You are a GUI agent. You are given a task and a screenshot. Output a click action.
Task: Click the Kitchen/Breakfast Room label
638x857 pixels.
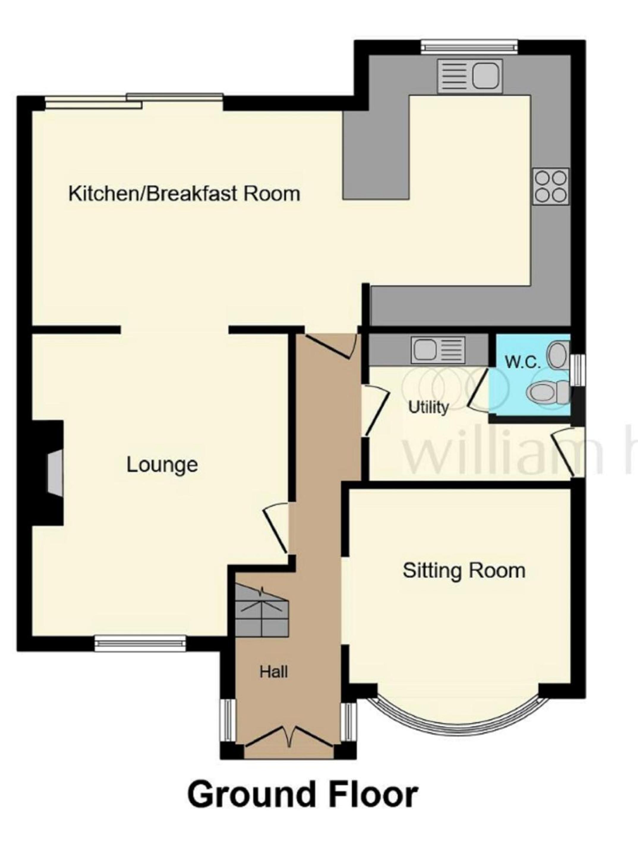(184, 194)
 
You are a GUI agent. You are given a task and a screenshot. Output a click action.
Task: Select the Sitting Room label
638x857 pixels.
(464, 571)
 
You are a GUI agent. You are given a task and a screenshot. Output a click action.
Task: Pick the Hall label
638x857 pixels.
(274, 672)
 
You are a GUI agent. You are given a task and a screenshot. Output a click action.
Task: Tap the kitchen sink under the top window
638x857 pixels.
(469, 76)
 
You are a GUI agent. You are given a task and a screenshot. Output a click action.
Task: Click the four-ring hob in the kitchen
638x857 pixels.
(551, 186)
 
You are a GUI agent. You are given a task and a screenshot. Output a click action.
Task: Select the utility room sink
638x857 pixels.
(438, 350)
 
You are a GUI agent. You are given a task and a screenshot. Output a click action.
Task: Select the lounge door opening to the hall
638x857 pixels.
(277, 528)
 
